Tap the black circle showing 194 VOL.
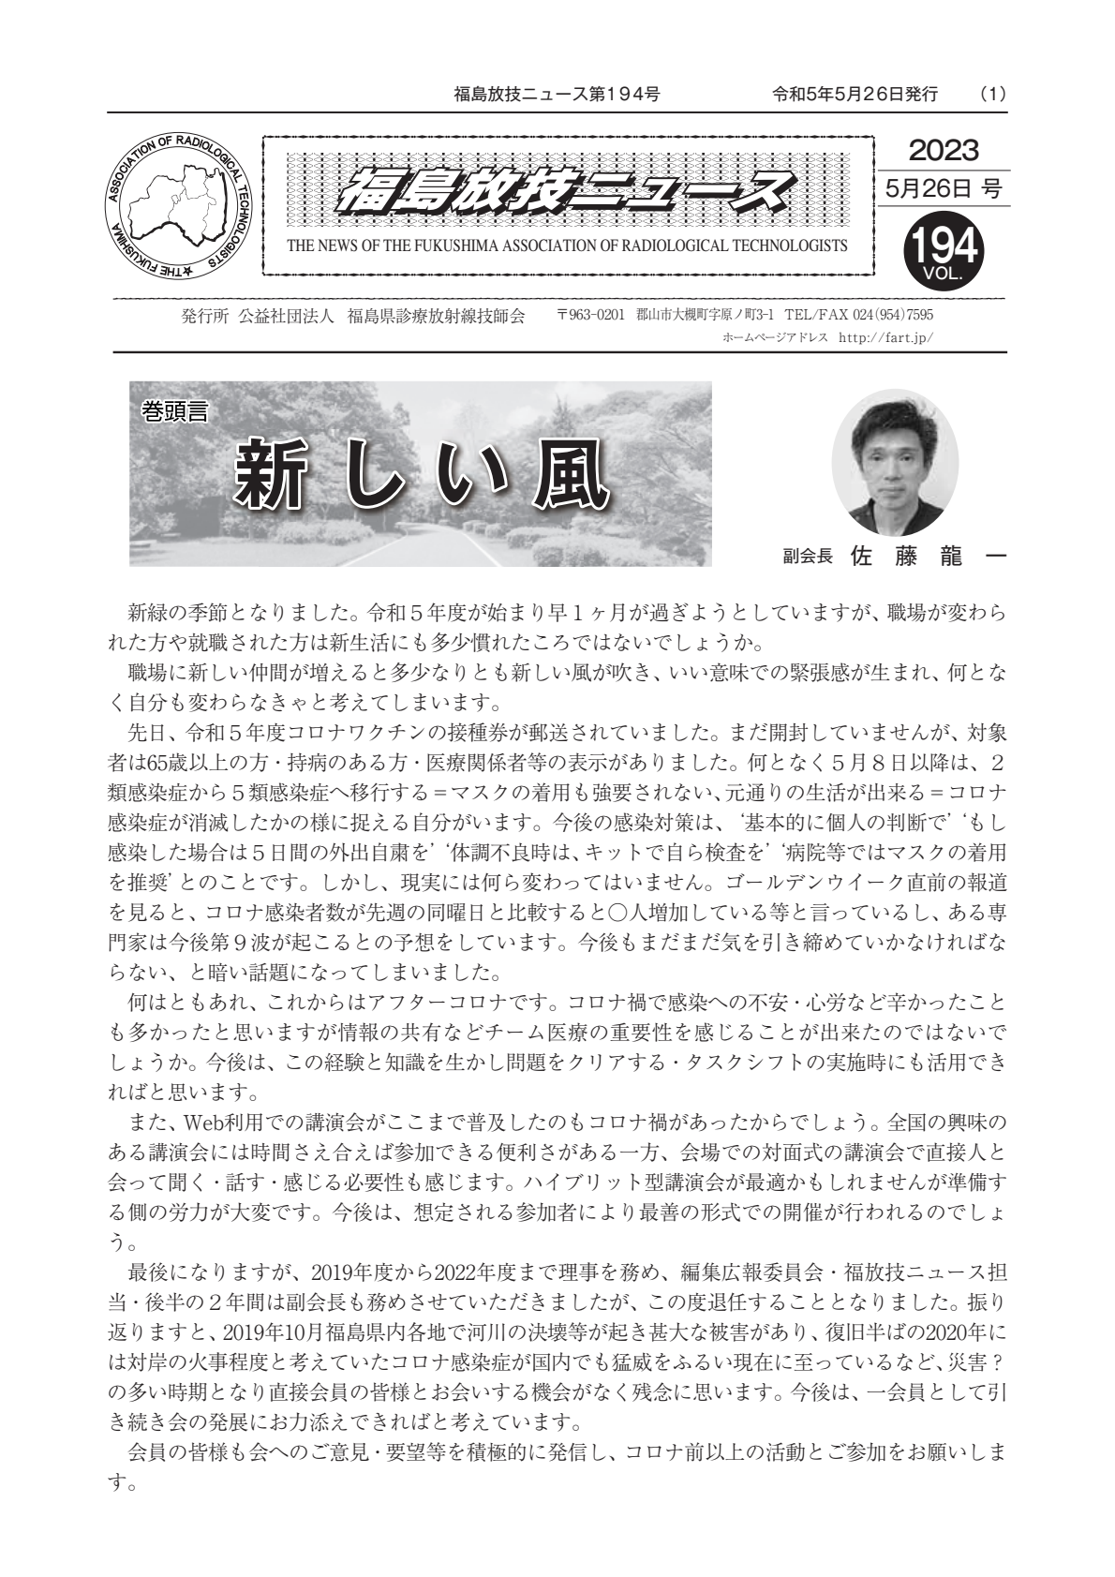[943, 249]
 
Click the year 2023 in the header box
[943, 150]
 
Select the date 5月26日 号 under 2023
[943, 189]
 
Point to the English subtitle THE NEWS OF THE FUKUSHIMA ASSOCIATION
[567, 246]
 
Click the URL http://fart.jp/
[886, 338]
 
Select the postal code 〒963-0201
[589, 316]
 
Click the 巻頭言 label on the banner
[174, 410]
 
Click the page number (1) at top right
[992, 95]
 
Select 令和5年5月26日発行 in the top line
[855, 95]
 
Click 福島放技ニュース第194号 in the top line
[557, 95]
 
